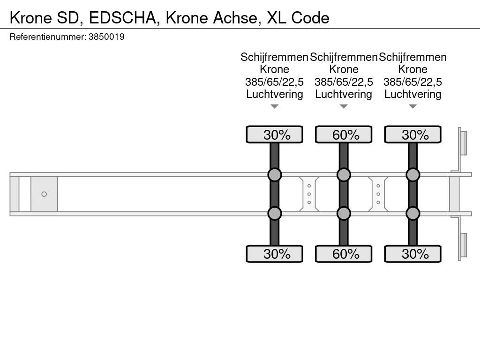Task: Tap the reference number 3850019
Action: click(106, 37)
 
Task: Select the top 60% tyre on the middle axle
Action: click(344, 135)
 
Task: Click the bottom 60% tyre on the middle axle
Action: click(344, 254)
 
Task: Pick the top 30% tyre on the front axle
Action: click(275, 135)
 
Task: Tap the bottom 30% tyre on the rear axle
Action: click(412, 254)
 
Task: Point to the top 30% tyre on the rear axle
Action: click(412, 135)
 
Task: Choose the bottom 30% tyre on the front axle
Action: click(275, 254)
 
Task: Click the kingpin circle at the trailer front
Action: click(44, 194)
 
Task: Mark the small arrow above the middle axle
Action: click(344, 106)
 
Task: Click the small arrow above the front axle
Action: click(275, 106)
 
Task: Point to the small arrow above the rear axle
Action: click(412, 106)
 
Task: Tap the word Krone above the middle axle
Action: click(344, 69)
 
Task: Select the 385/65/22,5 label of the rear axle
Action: click(412, 82)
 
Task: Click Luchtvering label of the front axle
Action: click(275, 94)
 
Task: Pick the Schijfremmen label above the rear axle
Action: click(412, 57)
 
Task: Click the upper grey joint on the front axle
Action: click(275, 175)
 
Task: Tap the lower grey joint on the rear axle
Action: click(412, 213)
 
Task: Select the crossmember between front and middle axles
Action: click(309, 194)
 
